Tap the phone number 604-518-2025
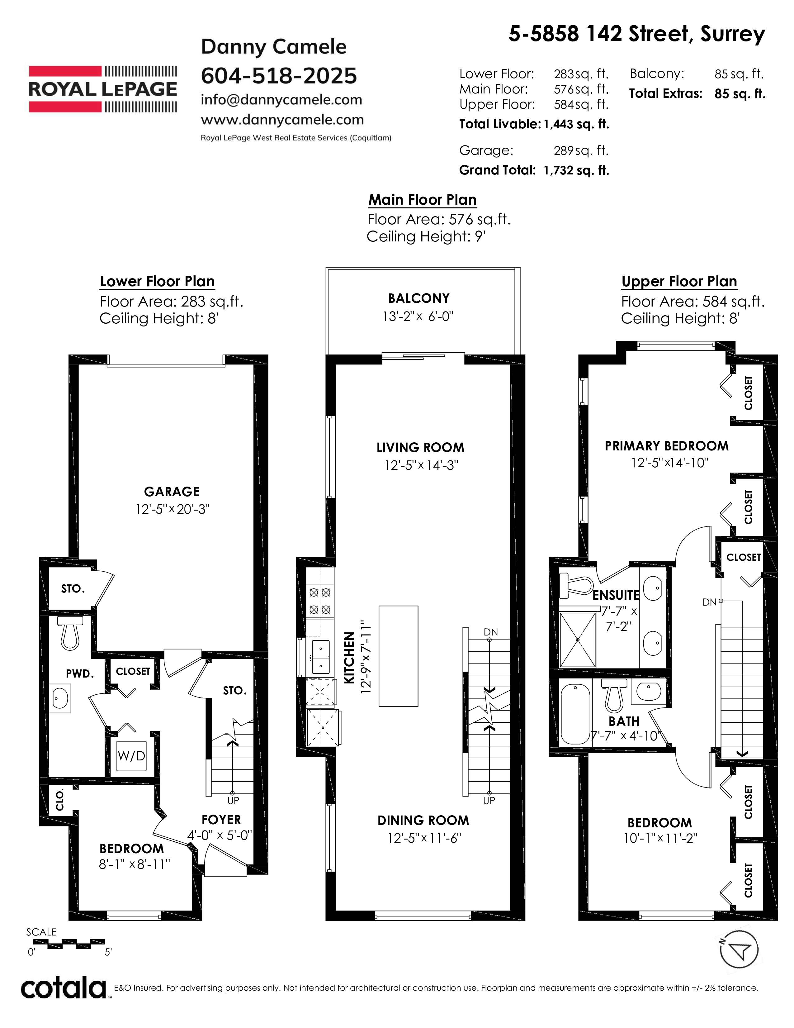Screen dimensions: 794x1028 coord(279,76)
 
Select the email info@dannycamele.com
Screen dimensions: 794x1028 coord(281,100)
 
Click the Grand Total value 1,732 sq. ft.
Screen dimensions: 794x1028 coord(576,170)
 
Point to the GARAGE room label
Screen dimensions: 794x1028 coord(172,492)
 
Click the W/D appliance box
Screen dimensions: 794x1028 coord(131,755)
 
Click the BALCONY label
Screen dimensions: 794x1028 coord(418,298)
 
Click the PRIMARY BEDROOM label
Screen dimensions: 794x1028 coord(667,446)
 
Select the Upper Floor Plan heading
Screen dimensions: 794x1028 coord(679,282)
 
